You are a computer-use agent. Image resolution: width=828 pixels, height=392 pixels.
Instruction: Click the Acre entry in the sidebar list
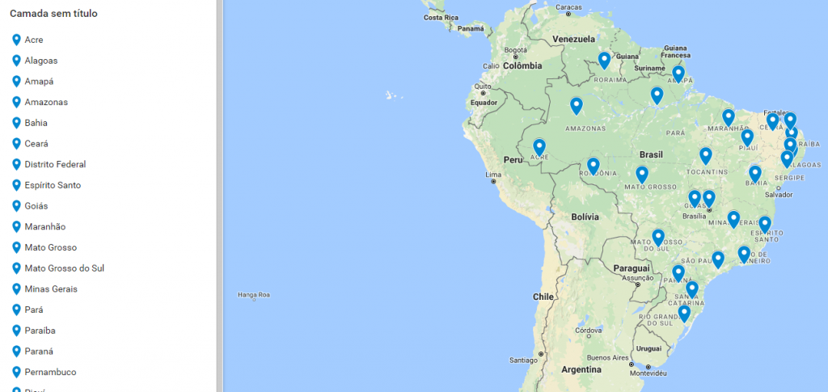tap(33, 40)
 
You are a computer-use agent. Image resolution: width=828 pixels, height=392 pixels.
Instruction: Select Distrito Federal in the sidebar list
tap(55, 164)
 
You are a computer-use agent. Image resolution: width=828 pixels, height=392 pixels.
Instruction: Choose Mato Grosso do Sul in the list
tap(64, 268)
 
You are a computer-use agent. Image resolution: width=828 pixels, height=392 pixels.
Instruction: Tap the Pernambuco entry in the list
tap(50, 373)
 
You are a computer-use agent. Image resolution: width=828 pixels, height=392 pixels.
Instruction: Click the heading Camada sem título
tap(54, 14)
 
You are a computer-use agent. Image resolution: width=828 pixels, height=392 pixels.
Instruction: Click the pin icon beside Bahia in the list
tap(16, 123)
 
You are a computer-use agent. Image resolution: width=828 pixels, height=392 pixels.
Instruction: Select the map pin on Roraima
tap(604, 61)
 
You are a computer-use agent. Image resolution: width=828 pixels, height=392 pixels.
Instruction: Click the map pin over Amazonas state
tap(576, 106)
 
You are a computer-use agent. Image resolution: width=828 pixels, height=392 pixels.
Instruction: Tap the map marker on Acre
tap(539, 148)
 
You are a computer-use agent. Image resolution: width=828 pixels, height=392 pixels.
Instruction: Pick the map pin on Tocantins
tap(705, 156)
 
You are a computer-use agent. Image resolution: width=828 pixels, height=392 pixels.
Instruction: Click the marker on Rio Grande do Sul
tap(684, 314)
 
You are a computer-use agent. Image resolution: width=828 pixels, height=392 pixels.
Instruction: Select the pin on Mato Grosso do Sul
tap(658, 238)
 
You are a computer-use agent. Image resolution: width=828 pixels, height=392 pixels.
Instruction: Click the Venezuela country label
tap(573, 39)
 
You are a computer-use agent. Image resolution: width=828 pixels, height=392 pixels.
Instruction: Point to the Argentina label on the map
tap(581, 369)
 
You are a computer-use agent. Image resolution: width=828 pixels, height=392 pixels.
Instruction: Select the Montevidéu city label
tap(648, 373)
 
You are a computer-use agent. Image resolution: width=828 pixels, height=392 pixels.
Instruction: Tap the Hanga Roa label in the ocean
tap(252, 295)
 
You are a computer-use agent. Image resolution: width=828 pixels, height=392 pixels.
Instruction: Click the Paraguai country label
tap(632, 268)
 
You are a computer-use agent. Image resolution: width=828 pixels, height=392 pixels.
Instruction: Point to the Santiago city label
tap(523, 360)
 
